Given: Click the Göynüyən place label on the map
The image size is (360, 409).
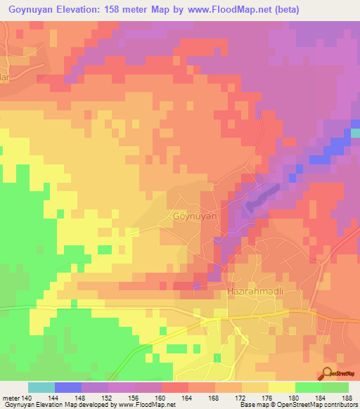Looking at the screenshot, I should [195, 217].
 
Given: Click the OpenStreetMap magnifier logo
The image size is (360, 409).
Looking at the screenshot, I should [328, 374].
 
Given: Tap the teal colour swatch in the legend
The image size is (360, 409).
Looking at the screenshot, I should [41, 387].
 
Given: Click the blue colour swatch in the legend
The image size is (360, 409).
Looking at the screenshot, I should [68, 387].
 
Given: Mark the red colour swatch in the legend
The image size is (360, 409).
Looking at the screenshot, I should [175, 387].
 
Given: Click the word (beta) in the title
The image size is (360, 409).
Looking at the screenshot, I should [340, 9].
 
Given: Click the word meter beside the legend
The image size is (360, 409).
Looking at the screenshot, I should [10, 397].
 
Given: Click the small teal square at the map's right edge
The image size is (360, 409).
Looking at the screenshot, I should [356, 131].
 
